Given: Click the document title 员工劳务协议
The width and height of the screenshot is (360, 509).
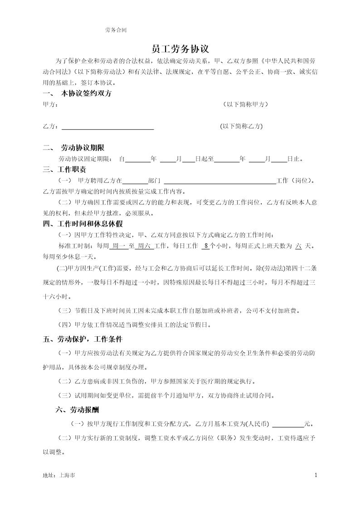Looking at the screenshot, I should pos(180,49).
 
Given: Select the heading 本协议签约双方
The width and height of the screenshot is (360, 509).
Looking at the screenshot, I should pos(86,94).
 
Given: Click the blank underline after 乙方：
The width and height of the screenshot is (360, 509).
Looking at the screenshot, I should pos(107,127).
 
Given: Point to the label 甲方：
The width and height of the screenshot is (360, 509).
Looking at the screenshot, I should pos(50,105).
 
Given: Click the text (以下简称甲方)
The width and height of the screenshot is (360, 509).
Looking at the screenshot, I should pos(245,105).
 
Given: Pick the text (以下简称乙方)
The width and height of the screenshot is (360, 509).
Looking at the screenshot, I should pos(241,126).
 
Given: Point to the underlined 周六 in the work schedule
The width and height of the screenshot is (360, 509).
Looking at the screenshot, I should pos(144,246).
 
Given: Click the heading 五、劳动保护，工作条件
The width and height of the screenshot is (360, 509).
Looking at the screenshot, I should pos(83,339).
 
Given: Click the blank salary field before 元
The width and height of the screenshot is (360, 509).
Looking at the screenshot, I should pos(288,424).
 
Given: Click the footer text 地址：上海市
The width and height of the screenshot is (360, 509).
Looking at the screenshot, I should pos(59,476).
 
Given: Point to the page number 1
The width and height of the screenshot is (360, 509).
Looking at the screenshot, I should pos(316,475).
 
